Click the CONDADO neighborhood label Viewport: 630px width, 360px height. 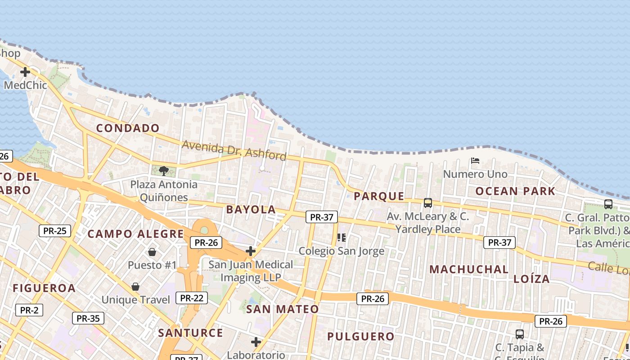pyautogui.click(x=128, y=128)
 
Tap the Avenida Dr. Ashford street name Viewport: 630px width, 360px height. pyautogui.click(x=234, y=150)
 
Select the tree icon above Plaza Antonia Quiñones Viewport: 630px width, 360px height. pyautogui.click(x=164, y=171)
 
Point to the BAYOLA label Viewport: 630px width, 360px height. pyautogui.click(x=251, y=209)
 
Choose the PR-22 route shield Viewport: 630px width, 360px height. pyautogui.click(x=192, y=297)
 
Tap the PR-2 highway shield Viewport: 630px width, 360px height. pyautogui.click(x=29, y=310)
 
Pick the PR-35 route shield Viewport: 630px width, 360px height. pyautogui.click(x=88, y=318)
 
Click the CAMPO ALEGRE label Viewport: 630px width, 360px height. pyautogui.click(x=135, y=234)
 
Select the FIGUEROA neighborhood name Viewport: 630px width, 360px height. pyautogui.click(x=44, y=288)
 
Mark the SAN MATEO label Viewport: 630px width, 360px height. pyautogui.click(x=282, y=309)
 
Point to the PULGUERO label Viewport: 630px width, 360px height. pyautogui.click(x=360, y=337)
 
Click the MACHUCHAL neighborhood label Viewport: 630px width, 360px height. pyautogui.click(x=469, y=270)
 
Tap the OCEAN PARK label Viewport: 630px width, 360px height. pyautogui.click(x=515, y=191)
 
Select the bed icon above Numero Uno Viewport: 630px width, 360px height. pyautogui.click(x=475, y=161)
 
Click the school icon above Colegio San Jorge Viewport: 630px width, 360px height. pyautogui.click(x=341, y=237)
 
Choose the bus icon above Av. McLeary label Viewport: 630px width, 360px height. pyautogui.click(x=427, y=203)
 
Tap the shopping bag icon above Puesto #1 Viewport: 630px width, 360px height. pyautogui.click(x=152, y=252)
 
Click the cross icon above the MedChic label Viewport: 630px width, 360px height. pyautogui.click(x=25, y=72)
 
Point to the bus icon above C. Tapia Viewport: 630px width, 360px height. pyautogui.click(x=520, y=334)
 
